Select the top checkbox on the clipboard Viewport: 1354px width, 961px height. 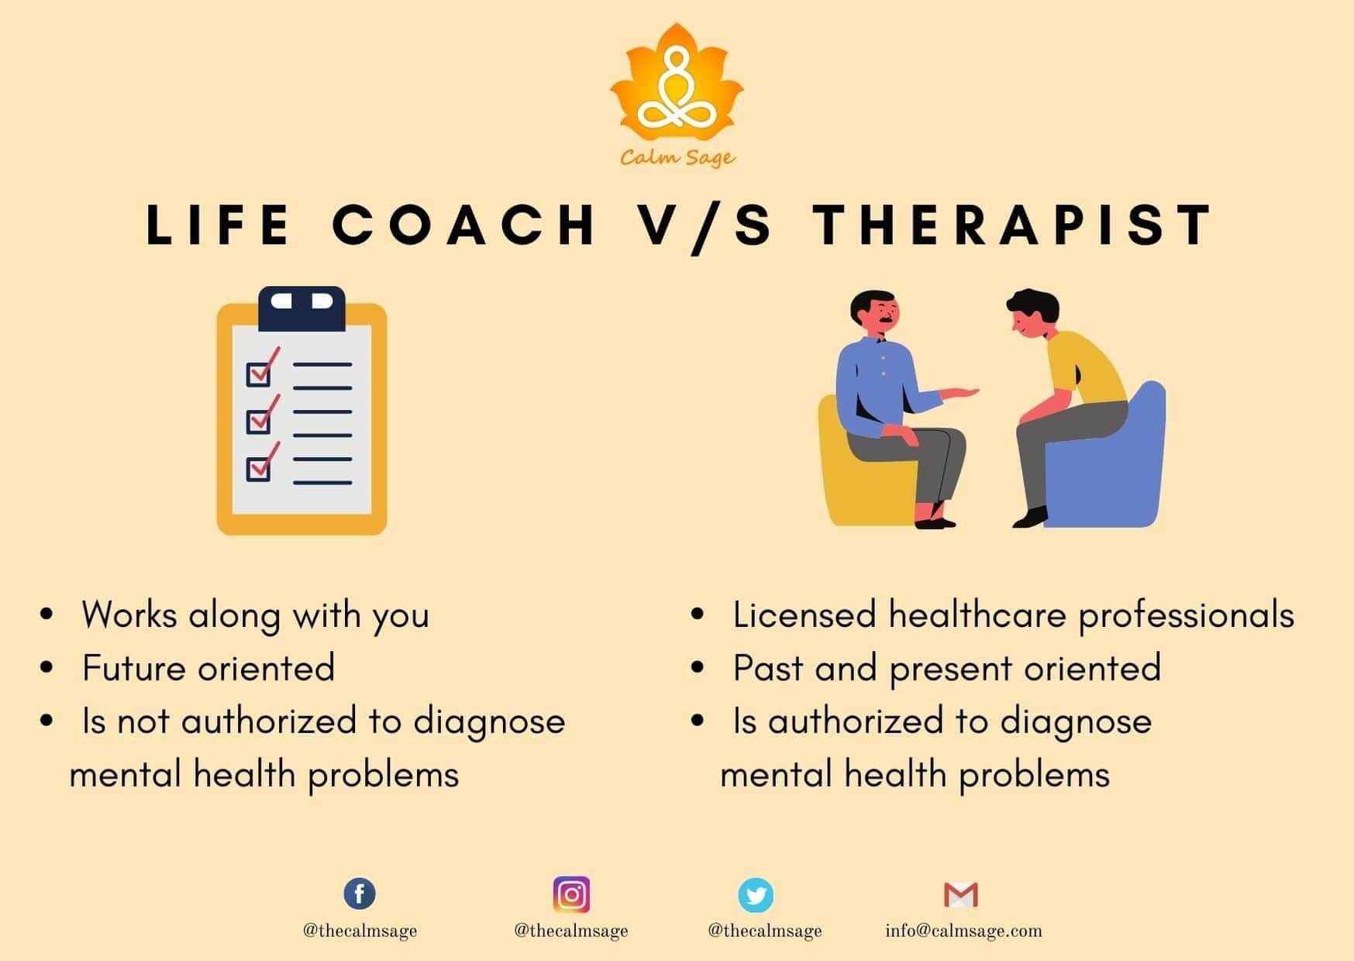point(259,374)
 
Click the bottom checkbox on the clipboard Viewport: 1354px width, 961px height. point(259,468)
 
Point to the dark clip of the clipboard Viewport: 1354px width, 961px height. point(301,308)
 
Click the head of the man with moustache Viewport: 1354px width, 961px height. point(876,313)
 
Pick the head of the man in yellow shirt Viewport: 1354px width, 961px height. point(1032,313)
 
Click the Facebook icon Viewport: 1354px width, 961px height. point(360,894)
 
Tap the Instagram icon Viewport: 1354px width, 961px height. point(571,894)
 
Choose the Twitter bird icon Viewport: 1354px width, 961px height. point(755,895)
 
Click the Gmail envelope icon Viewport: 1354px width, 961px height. point(961,895)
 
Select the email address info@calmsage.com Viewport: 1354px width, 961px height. point(963,931)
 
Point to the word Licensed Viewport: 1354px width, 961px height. point(804,615)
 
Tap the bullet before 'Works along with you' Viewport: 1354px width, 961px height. point(47,615)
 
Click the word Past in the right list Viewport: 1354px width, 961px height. point(767,668)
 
